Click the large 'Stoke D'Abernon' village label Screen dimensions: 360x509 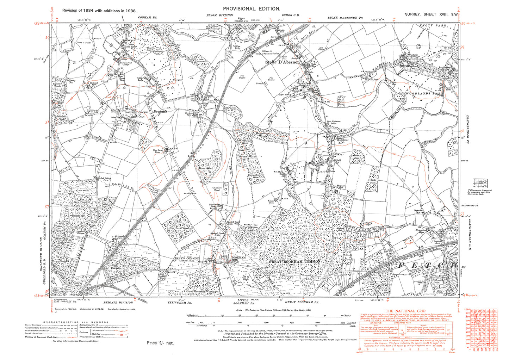(x=283, y=62)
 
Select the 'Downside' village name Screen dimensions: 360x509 (x=160, y=111)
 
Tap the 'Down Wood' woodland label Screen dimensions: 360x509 (x=206, y=169)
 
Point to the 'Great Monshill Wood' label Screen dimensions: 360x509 (x=199, y=291)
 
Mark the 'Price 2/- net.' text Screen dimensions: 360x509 (x=160, y=343)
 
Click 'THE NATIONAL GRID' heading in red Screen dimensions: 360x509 (x=405, y=311)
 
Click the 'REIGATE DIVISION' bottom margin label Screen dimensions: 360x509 (x=118, y=302)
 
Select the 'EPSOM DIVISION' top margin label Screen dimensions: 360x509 (x=220, y=15)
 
